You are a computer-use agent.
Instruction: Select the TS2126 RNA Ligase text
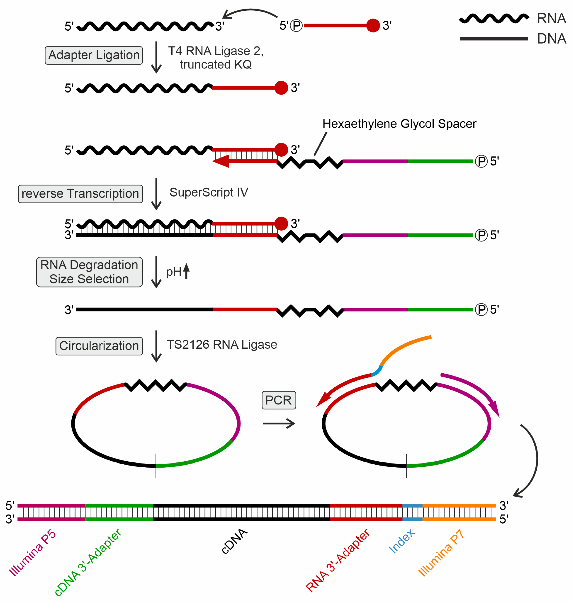point(222,344)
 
